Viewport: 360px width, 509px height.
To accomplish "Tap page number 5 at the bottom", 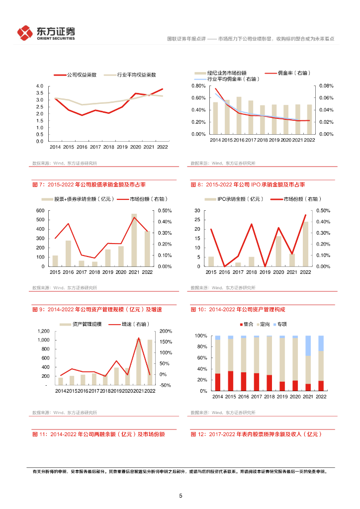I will click(180, 496).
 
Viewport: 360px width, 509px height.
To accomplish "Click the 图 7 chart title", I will click(89, 185).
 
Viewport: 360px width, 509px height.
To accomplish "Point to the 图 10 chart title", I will click(238, 310).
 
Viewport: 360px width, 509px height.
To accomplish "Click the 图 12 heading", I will click(256, 434).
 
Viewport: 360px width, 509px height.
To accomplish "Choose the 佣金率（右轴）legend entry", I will click(288, 73).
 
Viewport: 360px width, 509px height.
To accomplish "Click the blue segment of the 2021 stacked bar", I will click(308, 345).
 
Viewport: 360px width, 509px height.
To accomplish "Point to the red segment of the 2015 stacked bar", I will click(230, 381).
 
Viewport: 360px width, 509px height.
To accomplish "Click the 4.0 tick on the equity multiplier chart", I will click(40, 86).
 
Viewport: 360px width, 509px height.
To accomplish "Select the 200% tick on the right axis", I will click(166, 331).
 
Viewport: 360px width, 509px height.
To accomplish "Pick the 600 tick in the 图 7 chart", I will click(40, 211).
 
